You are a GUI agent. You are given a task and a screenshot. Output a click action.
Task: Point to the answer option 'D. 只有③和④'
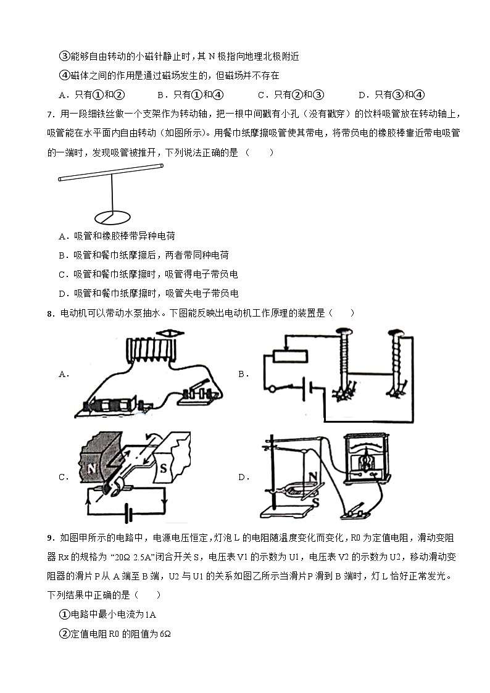(391, 94)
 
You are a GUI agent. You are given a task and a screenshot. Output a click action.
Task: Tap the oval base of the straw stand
(113, 217)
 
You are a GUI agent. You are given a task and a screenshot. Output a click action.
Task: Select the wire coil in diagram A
(152, 353)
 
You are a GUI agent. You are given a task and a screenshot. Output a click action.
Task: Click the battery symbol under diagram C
(129, 512)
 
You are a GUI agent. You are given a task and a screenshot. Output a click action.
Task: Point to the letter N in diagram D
(313, 476)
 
